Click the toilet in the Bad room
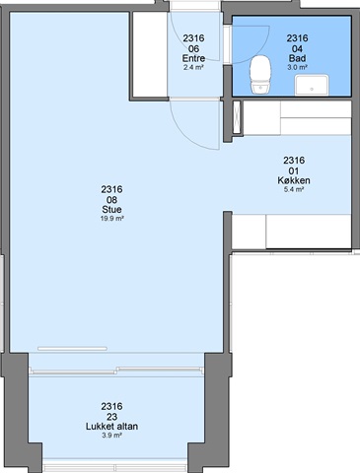tap(260, 75)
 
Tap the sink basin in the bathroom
tap(312, 85)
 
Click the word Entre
tap(193, 58)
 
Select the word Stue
tap(111, 209)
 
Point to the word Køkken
tap(294, 180)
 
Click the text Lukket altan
tap(111, 427)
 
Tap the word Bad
tap(297, 58)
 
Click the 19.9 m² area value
tap(111, 218)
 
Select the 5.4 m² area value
tap(294, 189)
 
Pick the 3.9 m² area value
tap(111, 436)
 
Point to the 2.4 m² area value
tap(193, 67)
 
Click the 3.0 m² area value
tap(297, 67)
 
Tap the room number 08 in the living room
tap(111, 200)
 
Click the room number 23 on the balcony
tap(111, 417)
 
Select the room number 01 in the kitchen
tap(294, 170)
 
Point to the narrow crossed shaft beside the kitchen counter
tap(237, 117)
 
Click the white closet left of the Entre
tap(150, 54)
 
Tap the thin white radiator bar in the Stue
tap(72, 349)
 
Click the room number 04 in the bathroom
tap(297, 49)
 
